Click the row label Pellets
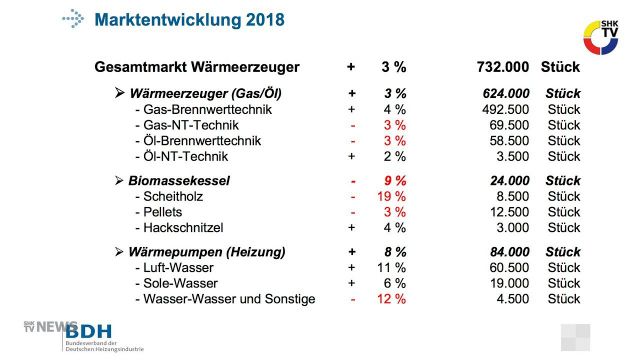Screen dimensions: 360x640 pos(166,213)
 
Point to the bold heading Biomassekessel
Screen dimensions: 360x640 pos(179,181)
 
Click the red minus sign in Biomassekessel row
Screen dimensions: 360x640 pos(353,181)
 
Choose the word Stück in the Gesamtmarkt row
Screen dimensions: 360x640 pos(561,67)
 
